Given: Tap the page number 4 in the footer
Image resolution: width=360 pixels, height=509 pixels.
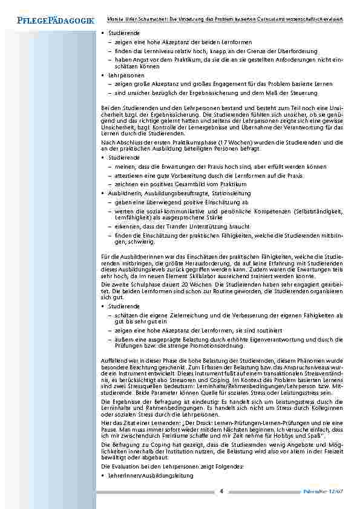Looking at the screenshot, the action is click(x=221, y=490).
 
